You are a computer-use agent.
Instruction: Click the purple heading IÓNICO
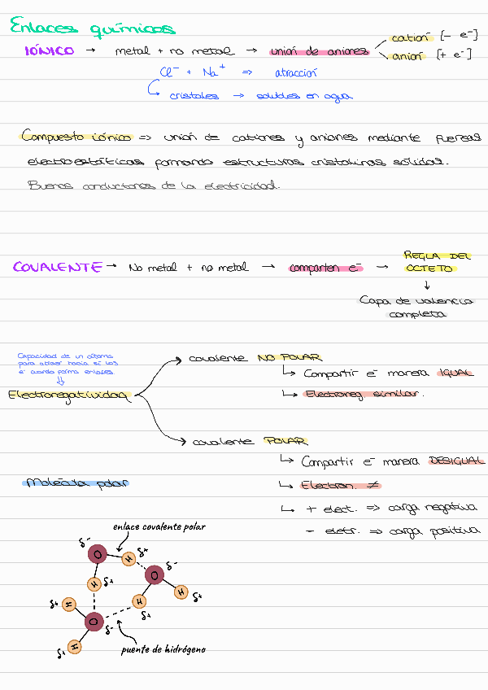click(50, 50)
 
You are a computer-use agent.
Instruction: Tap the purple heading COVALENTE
click(58, 267)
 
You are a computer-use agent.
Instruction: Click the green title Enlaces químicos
click(92, 28)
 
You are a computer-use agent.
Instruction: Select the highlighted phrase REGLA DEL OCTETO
click(437, 262)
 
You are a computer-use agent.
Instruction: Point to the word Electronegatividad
click(69, 395)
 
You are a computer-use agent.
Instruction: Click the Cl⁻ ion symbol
click(170, 72)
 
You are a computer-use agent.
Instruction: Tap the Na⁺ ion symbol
click(212, 72)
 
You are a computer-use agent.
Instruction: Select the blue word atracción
click(295, 72)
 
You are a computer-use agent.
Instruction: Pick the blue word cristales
click(194, 96)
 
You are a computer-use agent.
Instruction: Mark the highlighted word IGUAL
click(455, 373)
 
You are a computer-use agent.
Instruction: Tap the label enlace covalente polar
click(159, 526)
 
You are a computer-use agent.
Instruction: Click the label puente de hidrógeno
click(163, 649)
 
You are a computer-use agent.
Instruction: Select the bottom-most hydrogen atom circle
click(74, 647)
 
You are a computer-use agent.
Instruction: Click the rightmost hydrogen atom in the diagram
click(181, 592)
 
